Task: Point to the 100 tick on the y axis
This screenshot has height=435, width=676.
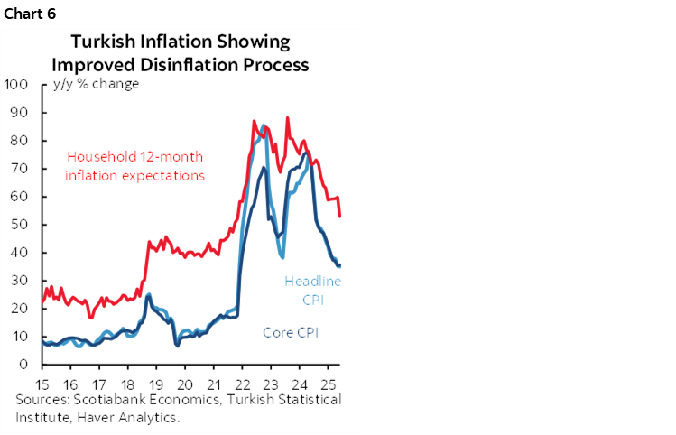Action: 17,85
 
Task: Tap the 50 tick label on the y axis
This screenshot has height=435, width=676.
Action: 21,225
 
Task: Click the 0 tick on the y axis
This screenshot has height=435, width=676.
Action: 27,365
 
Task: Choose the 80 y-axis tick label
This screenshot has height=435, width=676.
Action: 21,141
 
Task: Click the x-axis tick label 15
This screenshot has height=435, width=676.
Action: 42,382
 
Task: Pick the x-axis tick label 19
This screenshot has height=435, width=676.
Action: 156,382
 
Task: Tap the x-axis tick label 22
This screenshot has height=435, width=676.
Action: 242,382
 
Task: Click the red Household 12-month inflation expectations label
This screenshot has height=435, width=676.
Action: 134,165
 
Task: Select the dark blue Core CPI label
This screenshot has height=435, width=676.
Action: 291,333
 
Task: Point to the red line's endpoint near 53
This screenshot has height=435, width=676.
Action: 339,217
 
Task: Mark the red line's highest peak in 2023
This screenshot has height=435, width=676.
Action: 287,118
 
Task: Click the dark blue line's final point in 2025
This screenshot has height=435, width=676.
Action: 339,265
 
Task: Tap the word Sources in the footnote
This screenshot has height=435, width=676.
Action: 41,399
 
